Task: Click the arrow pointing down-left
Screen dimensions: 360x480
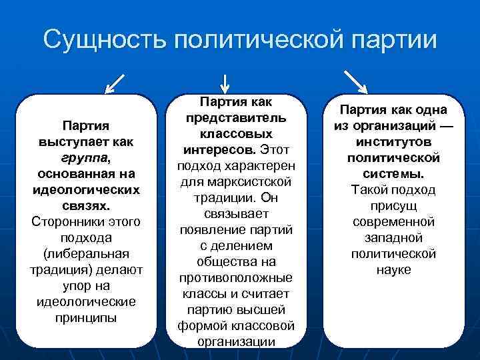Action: (115, 83)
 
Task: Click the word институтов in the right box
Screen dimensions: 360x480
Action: (393, 142)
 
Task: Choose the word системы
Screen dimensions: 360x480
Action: (393, 174)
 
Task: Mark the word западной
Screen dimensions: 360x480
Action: (393, 238)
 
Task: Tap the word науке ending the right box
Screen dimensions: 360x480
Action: (393, 270)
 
